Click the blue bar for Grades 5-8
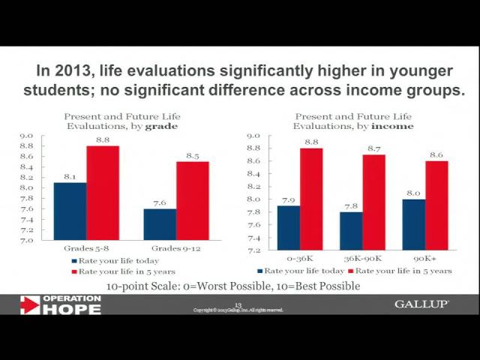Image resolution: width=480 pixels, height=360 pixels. click(70, 211)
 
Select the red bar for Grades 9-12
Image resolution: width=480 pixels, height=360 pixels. click(193, 200)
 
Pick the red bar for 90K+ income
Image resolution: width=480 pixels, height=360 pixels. click(436, 205)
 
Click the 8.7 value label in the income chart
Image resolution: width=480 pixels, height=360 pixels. click(373, 148)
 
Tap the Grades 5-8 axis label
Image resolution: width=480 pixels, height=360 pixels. click(86, 247)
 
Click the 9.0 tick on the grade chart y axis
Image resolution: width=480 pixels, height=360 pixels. click(26, 136)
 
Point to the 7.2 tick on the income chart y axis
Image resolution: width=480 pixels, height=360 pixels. click(253, 250)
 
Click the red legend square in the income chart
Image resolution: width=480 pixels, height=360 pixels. click(350, 271)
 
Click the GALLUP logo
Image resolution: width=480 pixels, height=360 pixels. click(421, 304)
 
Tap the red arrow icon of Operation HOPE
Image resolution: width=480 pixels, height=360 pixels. click(29, 304)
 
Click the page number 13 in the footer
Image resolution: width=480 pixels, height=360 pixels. click(238, 304)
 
